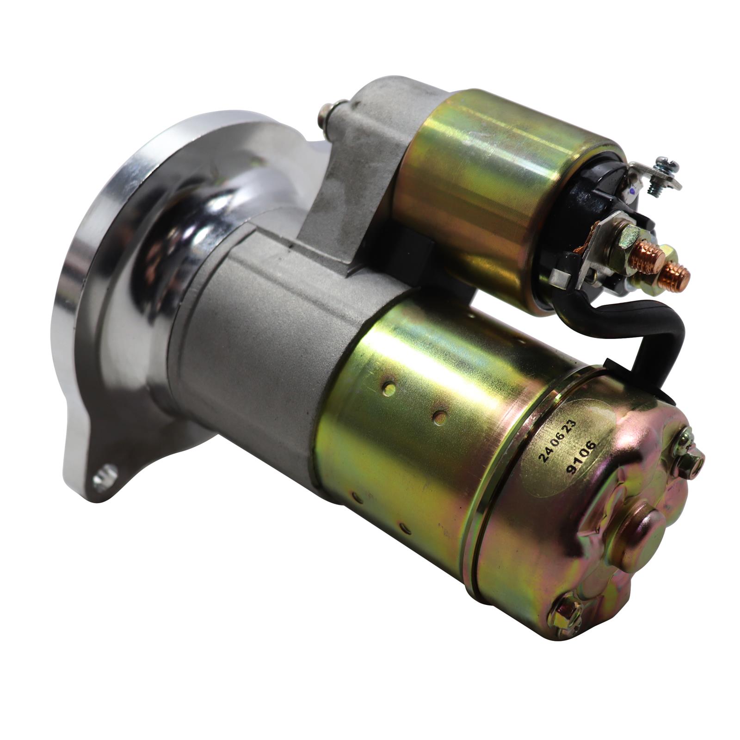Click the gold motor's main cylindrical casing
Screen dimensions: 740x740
tap(416, 416)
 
